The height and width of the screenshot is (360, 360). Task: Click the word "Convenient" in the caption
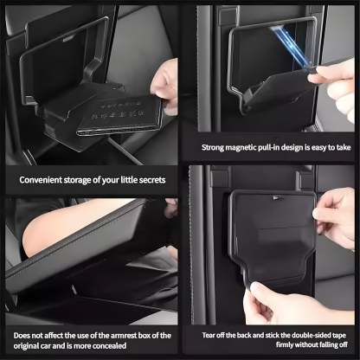pos(41,180)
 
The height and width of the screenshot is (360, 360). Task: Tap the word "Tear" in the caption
pos(197,334)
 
